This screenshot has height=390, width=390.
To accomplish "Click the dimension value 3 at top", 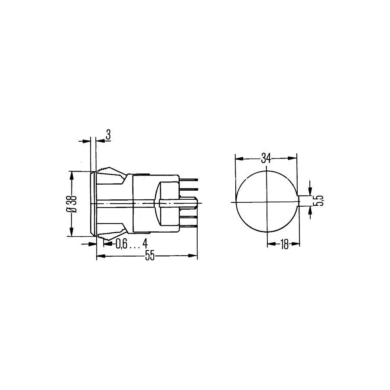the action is pos(108,135).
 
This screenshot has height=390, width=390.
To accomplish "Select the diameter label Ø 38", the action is pos(72,204).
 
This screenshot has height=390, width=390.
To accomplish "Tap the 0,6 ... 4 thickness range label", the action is pos(132,244).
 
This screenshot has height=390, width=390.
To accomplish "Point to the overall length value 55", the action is pos(150,256).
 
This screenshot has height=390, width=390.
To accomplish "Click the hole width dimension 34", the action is pos(266,158).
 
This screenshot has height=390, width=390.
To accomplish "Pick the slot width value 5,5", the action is pos(319,201).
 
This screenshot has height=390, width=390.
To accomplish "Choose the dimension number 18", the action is pos(284,244).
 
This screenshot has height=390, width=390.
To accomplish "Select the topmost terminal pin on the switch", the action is pos(188,179).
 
